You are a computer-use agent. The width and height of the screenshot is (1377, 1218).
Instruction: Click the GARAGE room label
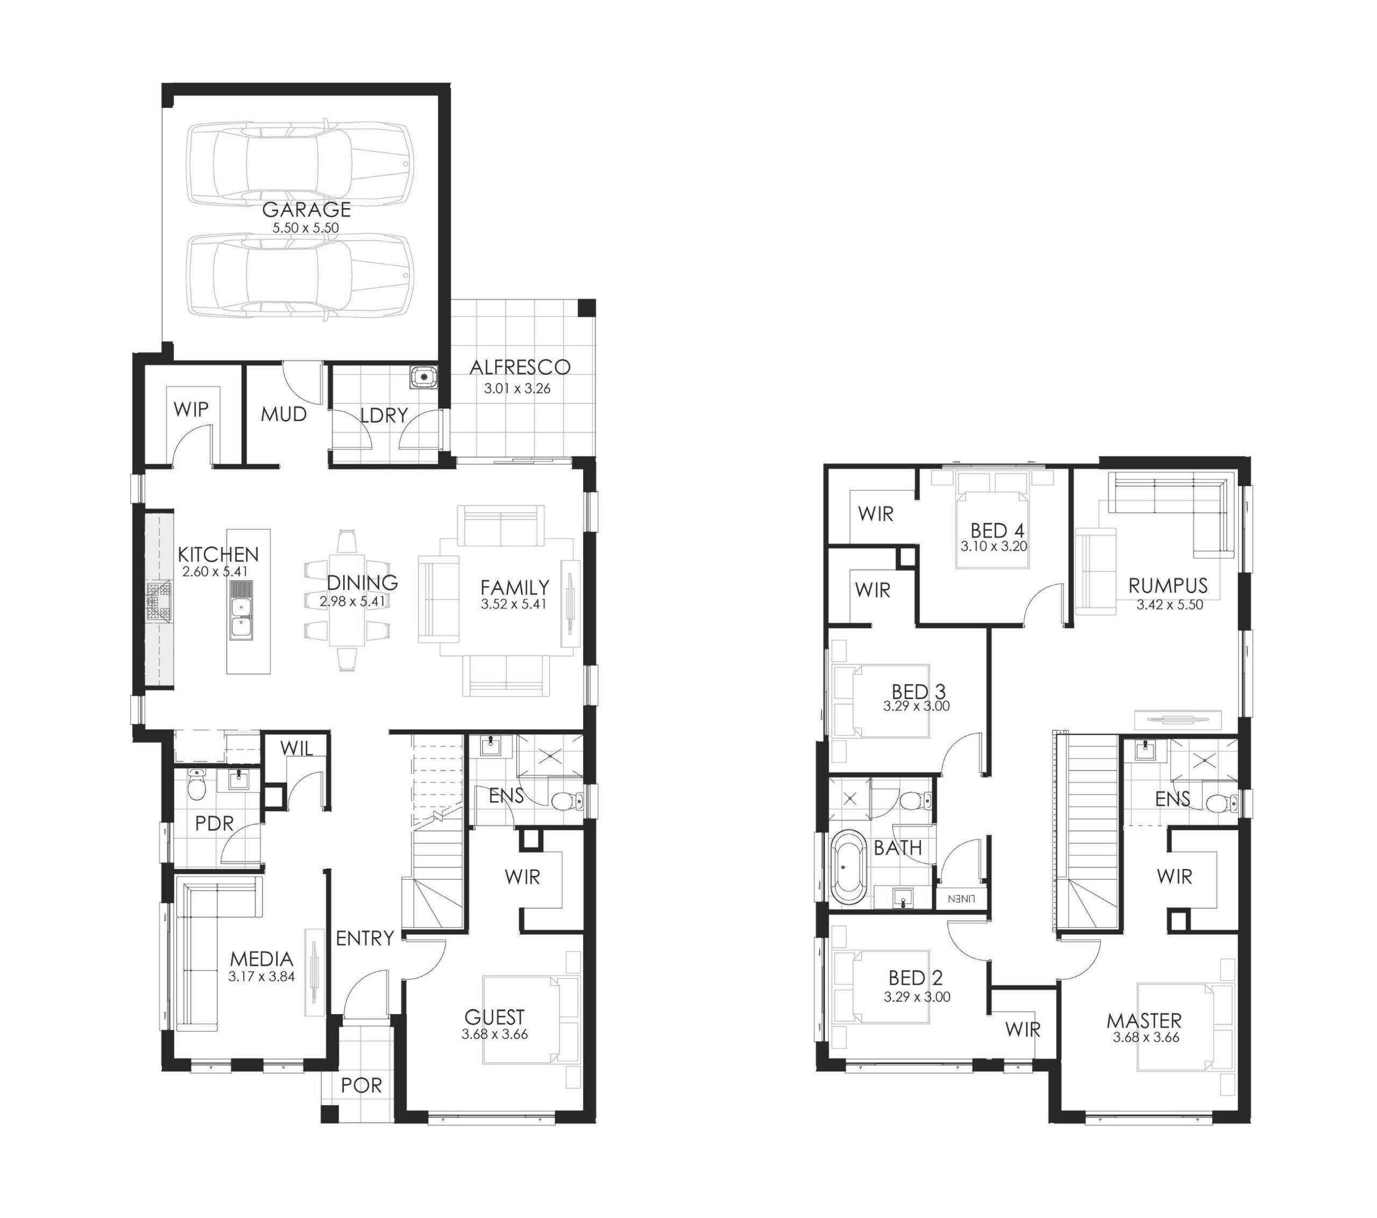tap(307, 210)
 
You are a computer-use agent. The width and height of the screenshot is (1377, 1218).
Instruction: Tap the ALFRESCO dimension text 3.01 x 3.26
tap(517, 389)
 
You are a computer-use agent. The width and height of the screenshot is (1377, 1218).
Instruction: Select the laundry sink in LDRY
tap(423, 377)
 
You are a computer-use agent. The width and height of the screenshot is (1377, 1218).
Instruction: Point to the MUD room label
tap(283, 414)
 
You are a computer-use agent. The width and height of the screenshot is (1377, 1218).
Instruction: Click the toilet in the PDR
tap(197, 784)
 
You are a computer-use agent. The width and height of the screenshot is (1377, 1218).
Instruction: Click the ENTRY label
tap(365, 938)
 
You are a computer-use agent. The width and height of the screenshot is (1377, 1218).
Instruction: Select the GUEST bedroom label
tap(494, 1016)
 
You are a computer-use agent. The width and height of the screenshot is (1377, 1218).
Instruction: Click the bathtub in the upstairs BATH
tap(848, 867)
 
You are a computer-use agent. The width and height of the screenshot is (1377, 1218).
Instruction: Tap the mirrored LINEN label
tap(961, 899)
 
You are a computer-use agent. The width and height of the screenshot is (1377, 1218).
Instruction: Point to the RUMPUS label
tap(1168, 586)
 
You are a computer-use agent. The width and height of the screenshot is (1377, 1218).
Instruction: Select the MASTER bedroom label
tap(1144, 1021)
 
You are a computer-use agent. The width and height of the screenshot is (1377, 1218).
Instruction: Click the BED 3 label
tap(918, 691)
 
